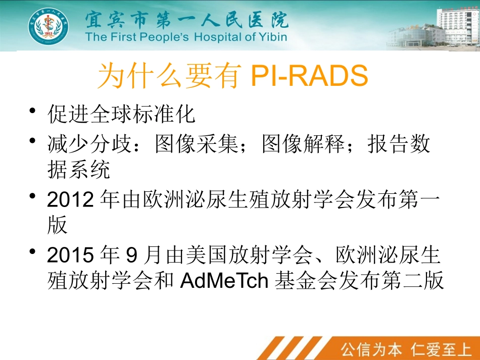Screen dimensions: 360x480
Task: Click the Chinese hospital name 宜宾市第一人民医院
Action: [x=186, y=20]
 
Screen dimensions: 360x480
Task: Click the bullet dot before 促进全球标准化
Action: [x=33, y=111]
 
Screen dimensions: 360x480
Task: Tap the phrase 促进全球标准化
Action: [x=121, y=115]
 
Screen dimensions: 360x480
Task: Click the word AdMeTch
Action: [x=224, y=281]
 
